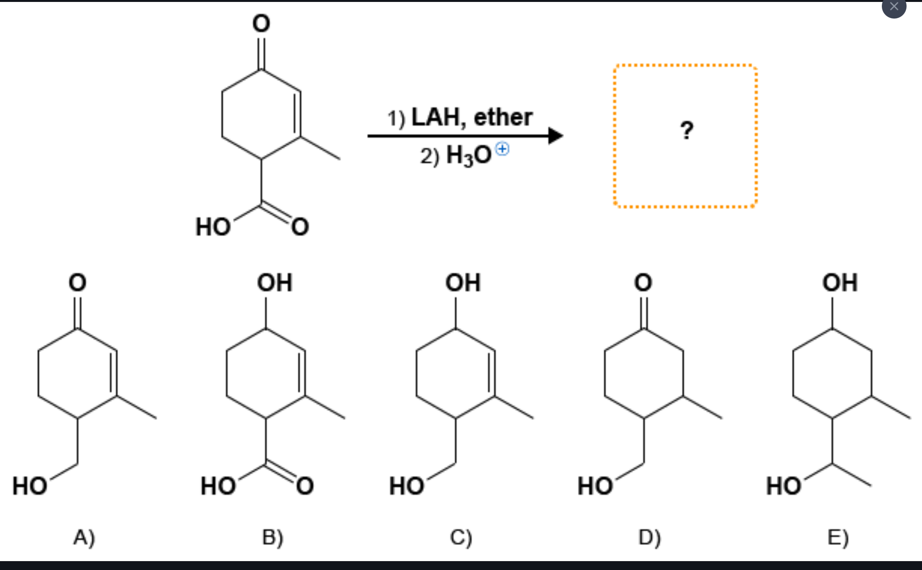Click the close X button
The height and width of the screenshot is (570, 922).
tap(893, 6)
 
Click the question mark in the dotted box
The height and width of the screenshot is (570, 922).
tap(686, 130)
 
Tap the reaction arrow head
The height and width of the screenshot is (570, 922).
tap(556, 136)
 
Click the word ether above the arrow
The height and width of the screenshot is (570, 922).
tap(503, 117)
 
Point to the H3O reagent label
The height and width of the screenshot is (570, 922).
tap(468, 156)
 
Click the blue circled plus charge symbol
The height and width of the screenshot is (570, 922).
tap(502, 149)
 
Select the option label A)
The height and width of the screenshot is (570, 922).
tap(84, 537)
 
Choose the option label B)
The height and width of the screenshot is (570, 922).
tap(273, 537)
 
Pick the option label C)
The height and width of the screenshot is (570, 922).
tap(461, 537)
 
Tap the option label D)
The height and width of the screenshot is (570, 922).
tap(649, 537)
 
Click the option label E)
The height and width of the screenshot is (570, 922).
tap(838, 537)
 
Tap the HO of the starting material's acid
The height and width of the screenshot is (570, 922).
tap(213, 227)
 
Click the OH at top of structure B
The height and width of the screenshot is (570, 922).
tap(275, 283)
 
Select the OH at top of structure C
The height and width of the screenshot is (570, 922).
tap(463, 283)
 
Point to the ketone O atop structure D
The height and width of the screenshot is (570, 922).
tap(643, 283)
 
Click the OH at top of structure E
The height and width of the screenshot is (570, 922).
tap(840, 283)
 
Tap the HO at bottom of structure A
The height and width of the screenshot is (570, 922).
tap(30, 486)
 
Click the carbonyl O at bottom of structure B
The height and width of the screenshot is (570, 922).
tap(305, 486)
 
